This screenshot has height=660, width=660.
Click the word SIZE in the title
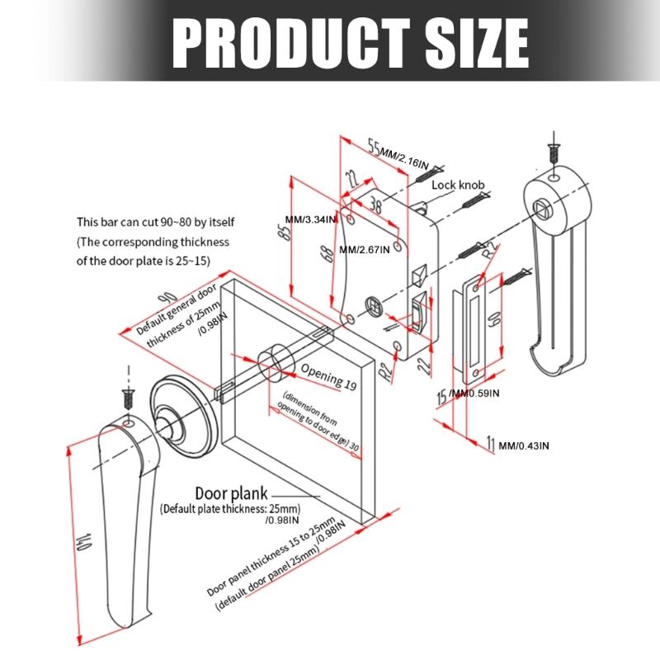pyautogui.click(x=465, y=40)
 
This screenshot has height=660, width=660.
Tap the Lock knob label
pyautogui.click(x=458, y=186)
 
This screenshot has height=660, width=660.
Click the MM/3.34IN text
pyautogui.click(x=309, y=219)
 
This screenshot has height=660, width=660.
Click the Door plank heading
pyautogui.click(x=231, y=493)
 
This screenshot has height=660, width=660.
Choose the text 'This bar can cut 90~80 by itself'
pyautogui.click(x=152, y=222)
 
